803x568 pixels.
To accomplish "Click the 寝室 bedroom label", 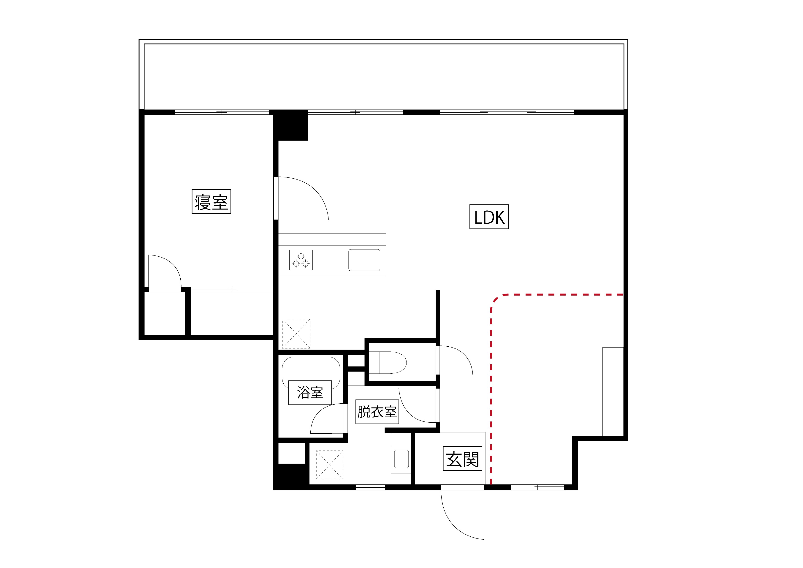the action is [211, 201].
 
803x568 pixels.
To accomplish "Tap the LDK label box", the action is [489, 217].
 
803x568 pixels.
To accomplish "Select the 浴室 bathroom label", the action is [310, 392].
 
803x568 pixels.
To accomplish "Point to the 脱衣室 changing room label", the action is [377, 412].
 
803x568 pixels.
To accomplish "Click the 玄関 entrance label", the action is [462, 459].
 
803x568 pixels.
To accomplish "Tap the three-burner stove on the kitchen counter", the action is [301, 260].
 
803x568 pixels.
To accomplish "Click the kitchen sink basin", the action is [364, 260].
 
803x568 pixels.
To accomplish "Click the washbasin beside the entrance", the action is [401, 459].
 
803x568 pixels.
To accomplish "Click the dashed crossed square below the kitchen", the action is [296, 333].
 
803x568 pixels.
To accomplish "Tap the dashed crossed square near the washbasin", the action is [329, 465].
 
